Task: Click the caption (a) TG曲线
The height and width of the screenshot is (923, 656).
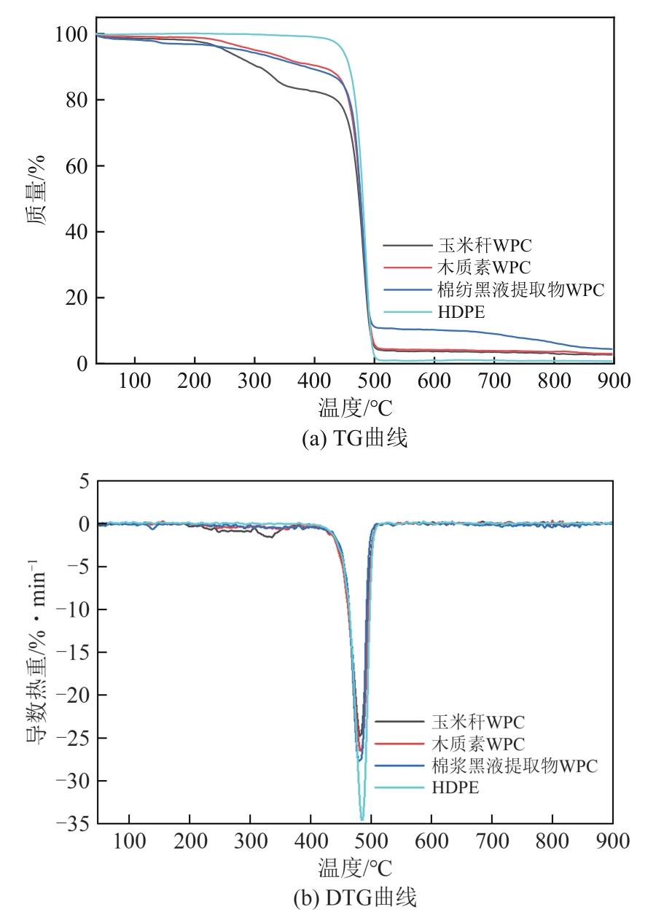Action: pyautogui.click(x=354, y=438)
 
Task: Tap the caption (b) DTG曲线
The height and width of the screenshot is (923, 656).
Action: pyautogui.click(x=354, y=898)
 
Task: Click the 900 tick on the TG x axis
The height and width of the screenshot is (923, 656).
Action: pyautogui.click(x=612, y=381)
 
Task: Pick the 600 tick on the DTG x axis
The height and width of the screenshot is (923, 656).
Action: pyautogui.click(x=431, y=841)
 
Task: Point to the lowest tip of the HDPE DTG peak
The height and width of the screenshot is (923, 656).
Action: pyautogui.click(x=362, y=820)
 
